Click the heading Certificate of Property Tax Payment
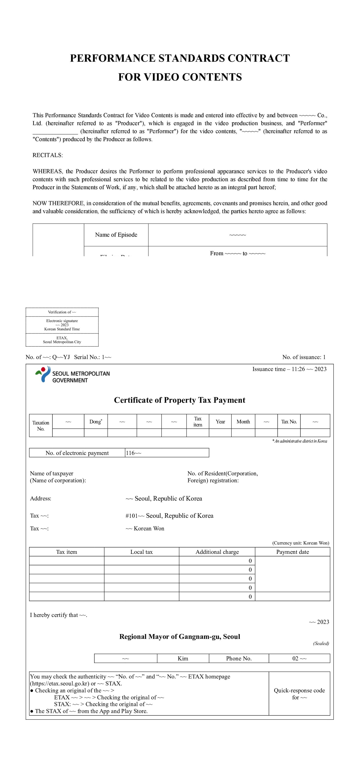pos(180,400)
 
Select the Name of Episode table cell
pos(116,235)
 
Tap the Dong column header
pos(96,421)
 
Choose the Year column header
pos(220,421)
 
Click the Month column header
pos(243,421)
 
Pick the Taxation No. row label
pos(41,426)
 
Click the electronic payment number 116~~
pos(134,453)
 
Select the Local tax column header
pos(141,552)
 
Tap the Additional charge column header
pos(217,552)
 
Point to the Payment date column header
pos(292,552)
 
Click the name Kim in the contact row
pos(183,658)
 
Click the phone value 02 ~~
pos(299,658)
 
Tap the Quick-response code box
pos(299,694)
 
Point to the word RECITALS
pos(47,155)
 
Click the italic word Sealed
pos(321,643)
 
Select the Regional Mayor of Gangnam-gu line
pos(180,637)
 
